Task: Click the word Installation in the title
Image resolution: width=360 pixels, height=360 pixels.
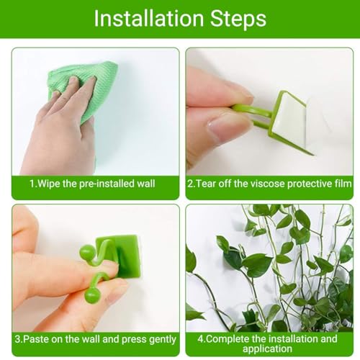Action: tap(149, 19)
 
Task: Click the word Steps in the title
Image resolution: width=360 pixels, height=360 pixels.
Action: tap(238, 19)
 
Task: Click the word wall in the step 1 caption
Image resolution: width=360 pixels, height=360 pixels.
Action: tap(146, 184)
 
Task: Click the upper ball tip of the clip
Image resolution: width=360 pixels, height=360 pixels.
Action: tap(86, 251)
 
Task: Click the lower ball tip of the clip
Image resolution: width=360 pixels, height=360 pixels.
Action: tap(91, 295)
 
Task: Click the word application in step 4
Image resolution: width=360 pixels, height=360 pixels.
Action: tap(267, 349)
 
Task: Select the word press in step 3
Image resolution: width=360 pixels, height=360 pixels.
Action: tap(134, 340)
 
